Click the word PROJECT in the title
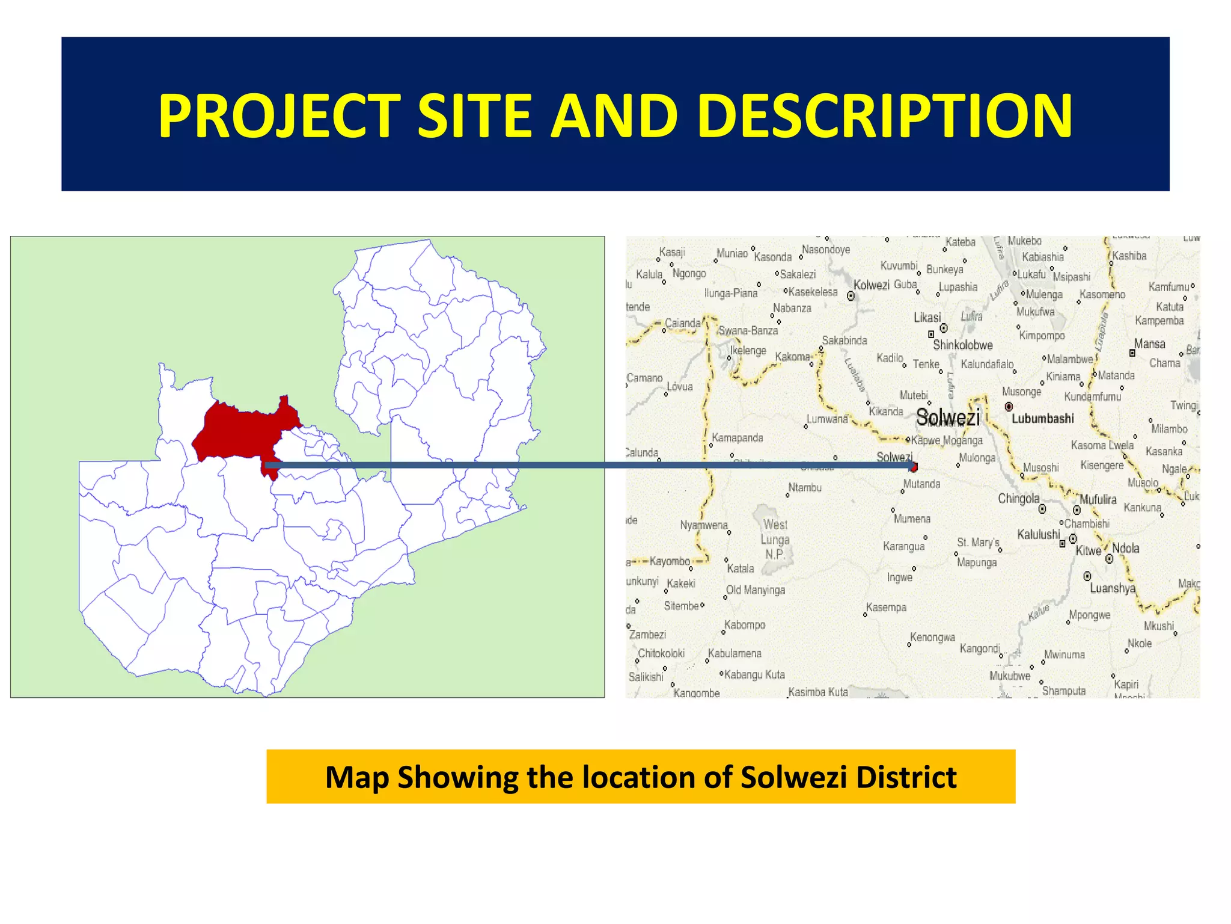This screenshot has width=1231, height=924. coord(279,115)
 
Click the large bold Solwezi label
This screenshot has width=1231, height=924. coord(948,417)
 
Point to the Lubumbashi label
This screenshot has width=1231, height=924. coord(1042,419)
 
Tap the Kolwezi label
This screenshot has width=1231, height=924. coord(871,285)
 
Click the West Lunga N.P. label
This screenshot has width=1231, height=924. coord(775,540)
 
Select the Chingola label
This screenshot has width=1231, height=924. coord(1018,499)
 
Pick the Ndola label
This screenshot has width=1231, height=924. coord(1125,548)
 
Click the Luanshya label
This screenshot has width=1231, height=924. coord(1113,588)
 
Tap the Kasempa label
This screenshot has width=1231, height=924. coord(886,608)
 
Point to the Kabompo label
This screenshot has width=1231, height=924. coord(745,625)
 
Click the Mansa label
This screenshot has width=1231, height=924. coord(1149,344)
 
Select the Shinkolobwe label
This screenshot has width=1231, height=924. coord(962,345)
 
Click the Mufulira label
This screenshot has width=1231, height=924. coord(1098,499)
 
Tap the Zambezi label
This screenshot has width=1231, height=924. coord(647,635)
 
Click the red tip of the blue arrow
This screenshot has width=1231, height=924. coord(914,467)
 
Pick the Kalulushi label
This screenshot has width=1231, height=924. coord(1038,534)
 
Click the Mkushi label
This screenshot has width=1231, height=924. coord(1158,626)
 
